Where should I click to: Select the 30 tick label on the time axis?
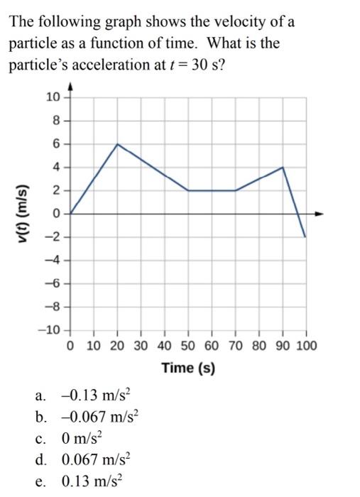tap(141, 346)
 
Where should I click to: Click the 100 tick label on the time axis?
tap(307, 346)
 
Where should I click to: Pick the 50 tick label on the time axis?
tap(189, 346)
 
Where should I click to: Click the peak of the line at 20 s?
tap(117, 144)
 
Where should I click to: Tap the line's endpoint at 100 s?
tap(306, 236)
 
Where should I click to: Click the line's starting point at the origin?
tap(70, 213)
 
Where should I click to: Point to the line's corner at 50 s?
tap(188, 190)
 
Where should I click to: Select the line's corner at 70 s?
tap(236, 190)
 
